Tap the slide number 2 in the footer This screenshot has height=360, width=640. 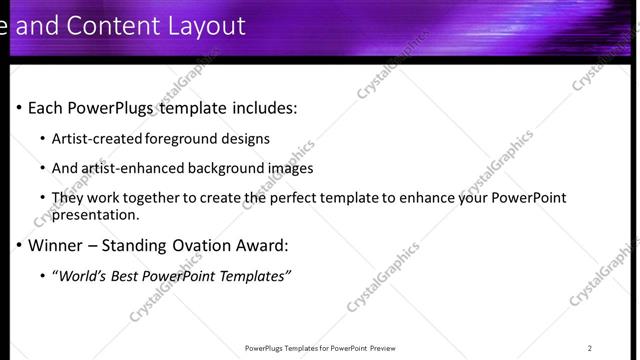tap(590, 348)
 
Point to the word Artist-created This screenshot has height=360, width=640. tap(97, 139)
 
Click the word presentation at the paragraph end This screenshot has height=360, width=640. tap(94, 214)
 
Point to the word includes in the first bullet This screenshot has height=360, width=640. tap(264, 108)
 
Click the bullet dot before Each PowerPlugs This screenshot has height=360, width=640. tap(19, 108)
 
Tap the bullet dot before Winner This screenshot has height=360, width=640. tap(19, 245)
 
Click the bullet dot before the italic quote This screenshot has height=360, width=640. tap(42, 275)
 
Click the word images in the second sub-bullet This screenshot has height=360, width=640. tap(291, 168)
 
